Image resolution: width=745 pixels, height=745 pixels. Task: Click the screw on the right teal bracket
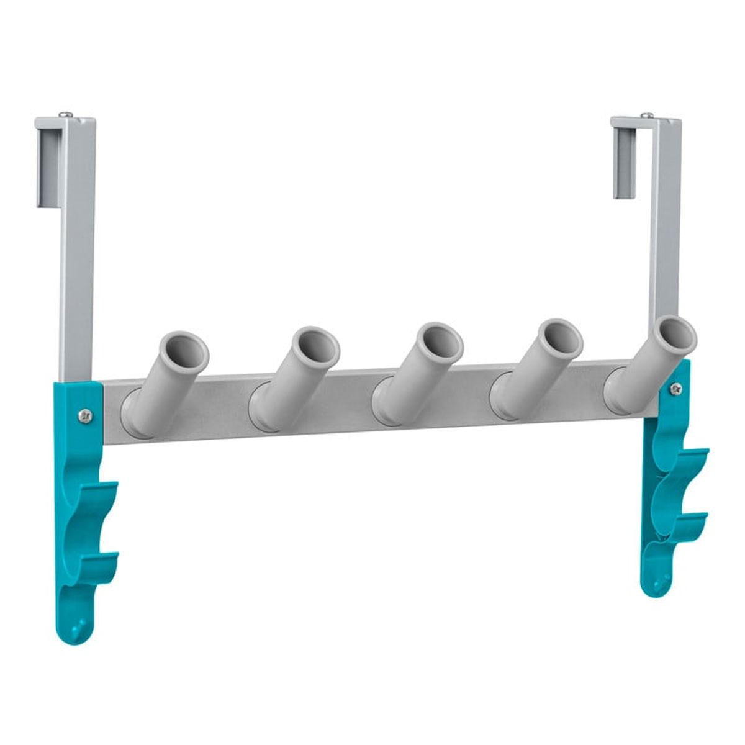(x=675, y=389)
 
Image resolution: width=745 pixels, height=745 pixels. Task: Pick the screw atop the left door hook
(x=65, y=114)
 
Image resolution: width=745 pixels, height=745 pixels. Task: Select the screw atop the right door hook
(x=648, y=114)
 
